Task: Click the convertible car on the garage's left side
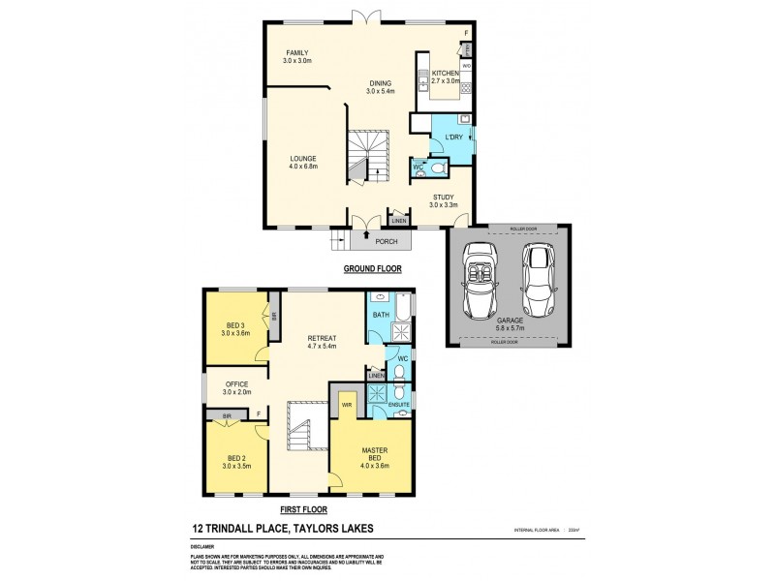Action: point(480,281)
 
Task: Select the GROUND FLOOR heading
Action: point(373,268)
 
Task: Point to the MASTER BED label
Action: point(374,451)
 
